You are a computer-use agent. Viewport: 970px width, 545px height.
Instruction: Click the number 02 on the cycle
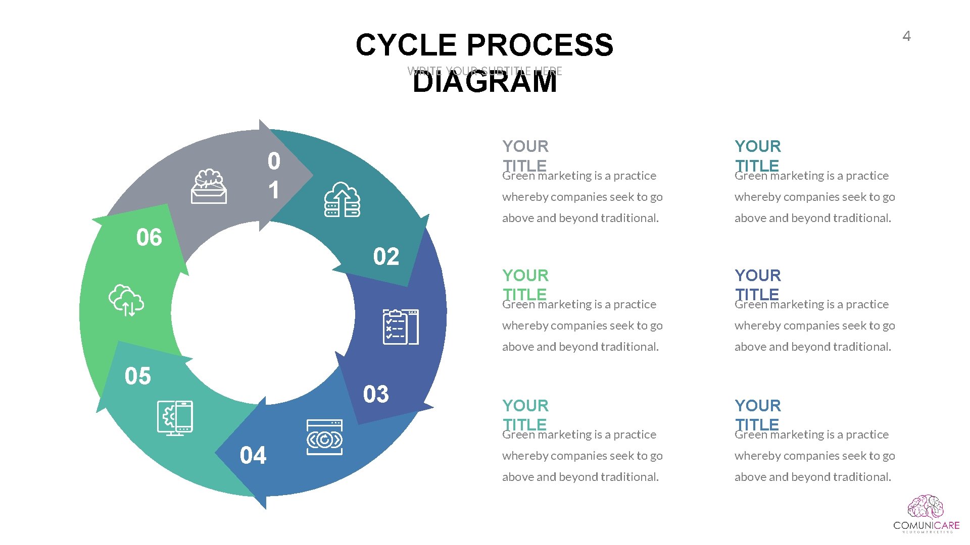point(386,257)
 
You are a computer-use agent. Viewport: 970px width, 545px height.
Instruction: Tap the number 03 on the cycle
point(376,394)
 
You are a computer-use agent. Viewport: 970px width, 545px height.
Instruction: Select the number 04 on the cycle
point(253,455)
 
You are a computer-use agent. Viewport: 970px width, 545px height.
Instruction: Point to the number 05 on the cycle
point(138,376)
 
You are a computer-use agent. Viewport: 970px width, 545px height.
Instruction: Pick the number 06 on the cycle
point(149,238)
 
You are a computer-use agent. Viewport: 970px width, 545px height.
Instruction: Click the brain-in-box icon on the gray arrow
point(209,187)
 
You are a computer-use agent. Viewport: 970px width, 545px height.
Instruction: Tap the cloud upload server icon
point(342,199)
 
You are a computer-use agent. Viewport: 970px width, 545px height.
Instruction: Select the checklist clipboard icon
point(401,327)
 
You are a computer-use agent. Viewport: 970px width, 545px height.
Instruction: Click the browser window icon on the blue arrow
point(324,437)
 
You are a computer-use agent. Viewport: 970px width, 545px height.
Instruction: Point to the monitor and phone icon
point(175,418)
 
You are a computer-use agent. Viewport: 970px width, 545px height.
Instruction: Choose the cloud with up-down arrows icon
point(126,301)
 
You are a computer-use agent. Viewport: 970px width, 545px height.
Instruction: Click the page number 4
point(906,36)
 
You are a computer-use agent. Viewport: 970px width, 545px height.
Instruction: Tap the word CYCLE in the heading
point(407,45)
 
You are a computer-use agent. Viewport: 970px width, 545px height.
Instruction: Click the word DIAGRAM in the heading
point(484,82)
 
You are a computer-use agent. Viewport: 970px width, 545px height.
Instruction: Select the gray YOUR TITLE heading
point(525,155)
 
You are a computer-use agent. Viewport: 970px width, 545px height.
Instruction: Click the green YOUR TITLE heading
point(525,285)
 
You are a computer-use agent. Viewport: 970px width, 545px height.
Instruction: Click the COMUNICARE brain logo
point(926,507)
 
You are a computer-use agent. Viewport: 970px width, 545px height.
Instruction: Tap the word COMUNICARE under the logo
point(926,525)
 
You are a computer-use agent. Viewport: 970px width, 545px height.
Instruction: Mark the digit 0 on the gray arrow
point(274,161)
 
